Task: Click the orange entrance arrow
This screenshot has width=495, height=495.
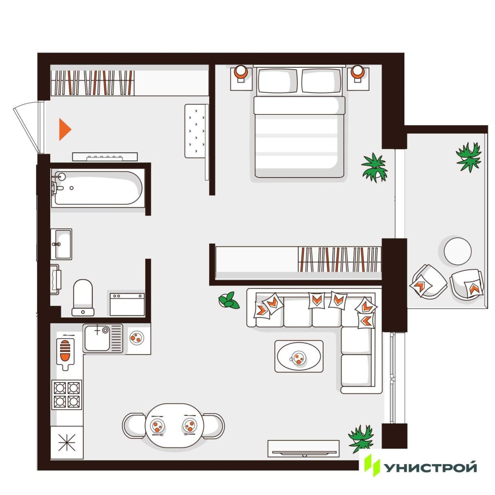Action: click(64, 129)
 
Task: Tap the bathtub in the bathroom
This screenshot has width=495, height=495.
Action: click(98, 188)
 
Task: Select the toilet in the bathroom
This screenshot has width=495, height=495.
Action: click(83, 297)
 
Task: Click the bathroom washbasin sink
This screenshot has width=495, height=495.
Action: click(61, 244)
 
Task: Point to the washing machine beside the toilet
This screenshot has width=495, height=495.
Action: click(127, 304)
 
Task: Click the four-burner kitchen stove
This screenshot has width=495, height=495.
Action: click(67, 394)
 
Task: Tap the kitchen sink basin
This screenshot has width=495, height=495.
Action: click(97, 338)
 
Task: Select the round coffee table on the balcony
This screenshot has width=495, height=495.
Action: click(458, 251)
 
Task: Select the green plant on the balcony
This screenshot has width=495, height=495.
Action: click(468, 157)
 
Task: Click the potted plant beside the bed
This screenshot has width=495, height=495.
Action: click(374, 168)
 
